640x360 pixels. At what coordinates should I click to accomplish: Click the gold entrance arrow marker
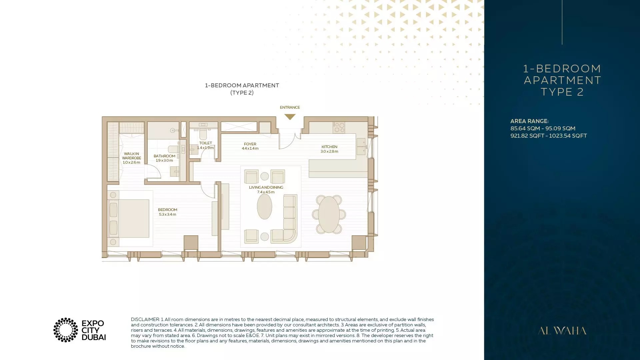point(290,117)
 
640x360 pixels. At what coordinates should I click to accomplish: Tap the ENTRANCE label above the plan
point(290,107)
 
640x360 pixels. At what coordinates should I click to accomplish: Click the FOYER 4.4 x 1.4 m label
point(250,146)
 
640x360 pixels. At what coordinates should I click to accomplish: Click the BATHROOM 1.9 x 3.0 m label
point(164,158)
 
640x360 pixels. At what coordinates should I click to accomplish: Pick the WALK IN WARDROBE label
point(131,158)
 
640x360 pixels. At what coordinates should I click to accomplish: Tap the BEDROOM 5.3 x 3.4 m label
point(167,212)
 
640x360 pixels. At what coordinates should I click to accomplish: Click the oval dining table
point(329,214)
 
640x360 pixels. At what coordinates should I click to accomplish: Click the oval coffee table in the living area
point(264,207)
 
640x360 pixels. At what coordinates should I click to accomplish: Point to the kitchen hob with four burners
point(339,127)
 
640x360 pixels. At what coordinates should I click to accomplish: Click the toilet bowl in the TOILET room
point(203,134)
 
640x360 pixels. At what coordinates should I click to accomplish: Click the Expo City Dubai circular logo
point(66,330)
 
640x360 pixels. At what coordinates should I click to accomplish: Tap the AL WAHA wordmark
point(562,331)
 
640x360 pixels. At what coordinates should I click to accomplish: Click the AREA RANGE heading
point(529,121)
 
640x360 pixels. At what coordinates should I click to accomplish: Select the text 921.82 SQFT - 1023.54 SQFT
point(548,136)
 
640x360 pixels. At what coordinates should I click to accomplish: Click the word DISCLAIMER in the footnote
point(145,319)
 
